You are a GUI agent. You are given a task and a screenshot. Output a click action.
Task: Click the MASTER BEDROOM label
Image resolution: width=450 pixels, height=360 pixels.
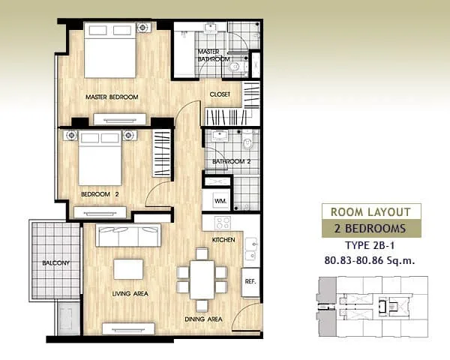[x=112, y=97]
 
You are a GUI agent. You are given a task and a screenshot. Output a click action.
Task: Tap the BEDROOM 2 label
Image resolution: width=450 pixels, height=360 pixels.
[x=100, y=194]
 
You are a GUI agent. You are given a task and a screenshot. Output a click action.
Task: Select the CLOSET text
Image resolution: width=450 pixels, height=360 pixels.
[x=220, y=94]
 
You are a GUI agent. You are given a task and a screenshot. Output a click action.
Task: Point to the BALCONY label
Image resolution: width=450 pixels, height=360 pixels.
[x=55, y=263]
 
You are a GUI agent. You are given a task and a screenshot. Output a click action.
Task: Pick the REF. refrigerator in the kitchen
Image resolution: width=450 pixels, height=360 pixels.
[x=250, y=282]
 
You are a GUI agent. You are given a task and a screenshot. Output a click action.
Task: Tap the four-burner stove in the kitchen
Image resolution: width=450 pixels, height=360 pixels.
[x=223, y=223]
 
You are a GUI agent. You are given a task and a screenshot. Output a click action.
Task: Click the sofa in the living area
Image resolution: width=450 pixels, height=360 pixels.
[x=128, y=235]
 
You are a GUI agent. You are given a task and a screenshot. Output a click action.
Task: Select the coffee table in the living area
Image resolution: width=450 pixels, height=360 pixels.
[x=128, y=269]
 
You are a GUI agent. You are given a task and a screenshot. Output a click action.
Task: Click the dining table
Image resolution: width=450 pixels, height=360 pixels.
[x=202, y=280]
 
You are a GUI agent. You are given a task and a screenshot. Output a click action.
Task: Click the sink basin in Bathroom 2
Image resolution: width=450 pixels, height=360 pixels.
[x=220, y=135]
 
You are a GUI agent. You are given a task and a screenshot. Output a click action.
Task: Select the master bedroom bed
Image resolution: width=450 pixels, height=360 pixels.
[x=110, y=50]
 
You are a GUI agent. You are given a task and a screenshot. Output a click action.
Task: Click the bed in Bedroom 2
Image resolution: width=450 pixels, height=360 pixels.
[x=100, y=158]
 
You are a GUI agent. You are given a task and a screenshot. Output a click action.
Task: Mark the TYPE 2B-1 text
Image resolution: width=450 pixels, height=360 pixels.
[x=370, y=246]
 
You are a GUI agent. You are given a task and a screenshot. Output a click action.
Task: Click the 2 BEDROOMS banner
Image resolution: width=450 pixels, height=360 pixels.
[x=371, y=229]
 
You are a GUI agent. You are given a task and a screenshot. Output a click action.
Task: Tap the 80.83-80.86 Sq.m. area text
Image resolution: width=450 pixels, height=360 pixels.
[x=370, y=261]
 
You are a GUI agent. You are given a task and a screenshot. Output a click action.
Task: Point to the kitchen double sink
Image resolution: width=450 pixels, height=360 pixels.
[x=251, y=248]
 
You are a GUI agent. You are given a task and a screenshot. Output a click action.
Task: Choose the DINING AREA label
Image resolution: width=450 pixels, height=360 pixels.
[x=203, y=319]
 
